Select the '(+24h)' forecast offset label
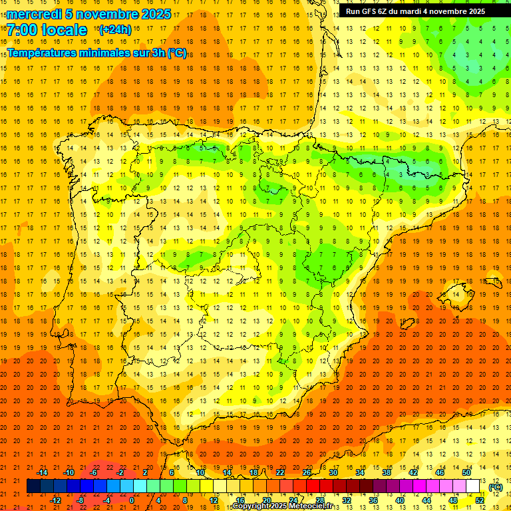click(114, 30)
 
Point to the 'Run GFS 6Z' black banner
click(424, 11)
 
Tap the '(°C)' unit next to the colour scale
click(495, 487)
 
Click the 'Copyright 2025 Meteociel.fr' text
click(282, 506)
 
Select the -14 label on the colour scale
click(42, 472)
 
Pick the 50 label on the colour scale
click(466, 472)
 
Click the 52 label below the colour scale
click(480, 500)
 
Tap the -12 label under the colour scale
click(55, 500)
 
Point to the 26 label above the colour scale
click(307, 472)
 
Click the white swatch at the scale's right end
click(473, 486)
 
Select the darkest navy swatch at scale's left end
click(33, 486)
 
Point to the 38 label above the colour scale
click(387, 472)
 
